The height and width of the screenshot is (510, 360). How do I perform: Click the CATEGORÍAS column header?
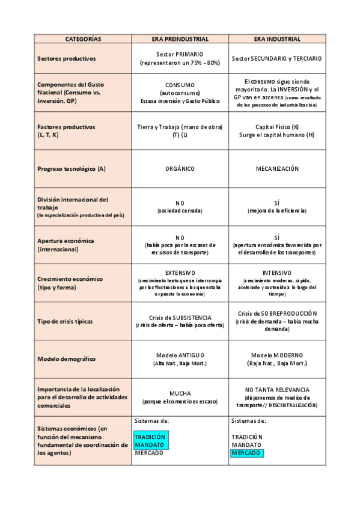(x=83, y=39)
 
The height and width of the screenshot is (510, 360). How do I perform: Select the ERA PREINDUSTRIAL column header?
(x=180, y=39)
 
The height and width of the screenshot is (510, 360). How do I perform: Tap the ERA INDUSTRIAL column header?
(x=276, y=39)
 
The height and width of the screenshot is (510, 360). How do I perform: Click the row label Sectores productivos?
(x=66, y=59)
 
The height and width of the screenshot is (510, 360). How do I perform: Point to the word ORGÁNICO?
(x=180, y=169)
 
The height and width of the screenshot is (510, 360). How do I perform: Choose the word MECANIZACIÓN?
(x=276, y=169)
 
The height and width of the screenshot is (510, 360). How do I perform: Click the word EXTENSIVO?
(x=180, y=272)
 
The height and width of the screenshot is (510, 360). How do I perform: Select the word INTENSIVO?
(x=276, y=272)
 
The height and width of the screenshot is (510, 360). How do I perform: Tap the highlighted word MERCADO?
(x=246, y=453)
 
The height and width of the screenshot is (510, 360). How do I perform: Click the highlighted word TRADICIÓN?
(x=150, y=437)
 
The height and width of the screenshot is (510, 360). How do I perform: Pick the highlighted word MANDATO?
(x=150, y=444)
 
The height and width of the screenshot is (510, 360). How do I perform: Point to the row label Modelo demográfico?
(x=67, y=359)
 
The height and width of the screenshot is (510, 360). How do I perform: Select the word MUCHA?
(x=180, y=393)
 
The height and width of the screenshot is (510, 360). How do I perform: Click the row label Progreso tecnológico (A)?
(x=71, y=169)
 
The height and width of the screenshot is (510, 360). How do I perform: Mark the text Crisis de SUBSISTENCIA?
(x=180, y=317)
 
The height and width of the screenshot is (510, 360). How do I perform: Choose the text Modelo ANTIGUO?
(x=180, y=355)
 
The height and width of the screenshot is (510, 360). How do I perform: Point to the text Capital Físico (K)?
(x=276, y=127)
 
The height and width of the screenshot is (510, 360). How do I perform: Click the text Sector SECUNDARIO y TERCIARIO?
(x=276, y=59)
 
